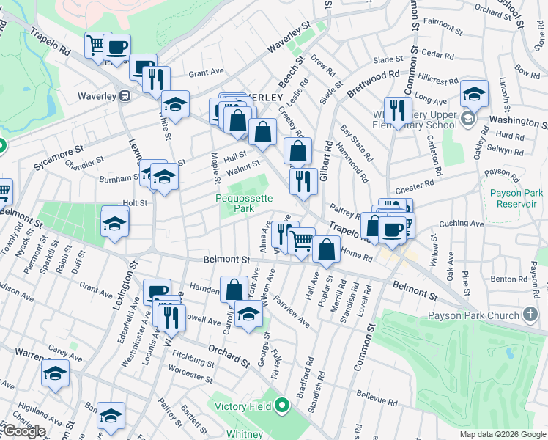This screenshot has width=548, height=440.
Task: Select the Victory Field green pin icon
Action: pos(282,406)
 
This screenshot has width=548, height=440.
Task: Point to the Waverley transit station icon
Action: pos(125,96)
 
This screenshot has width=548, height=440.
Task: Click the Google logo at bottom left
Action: pos(24,431)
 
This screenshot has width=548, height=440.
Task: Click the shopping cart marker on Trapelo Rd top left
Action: pos(96,45)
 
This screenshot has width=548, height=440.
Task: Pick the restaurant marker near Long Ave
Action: pos(397,111)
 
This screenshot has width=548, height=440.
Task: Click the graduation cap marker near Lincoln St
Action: pos(474,94)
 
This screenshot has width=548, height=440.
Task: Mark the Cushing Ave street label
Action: pos(458,224)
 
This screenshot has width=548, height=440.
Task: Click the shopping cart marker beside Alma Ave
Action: pos(301,240)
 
